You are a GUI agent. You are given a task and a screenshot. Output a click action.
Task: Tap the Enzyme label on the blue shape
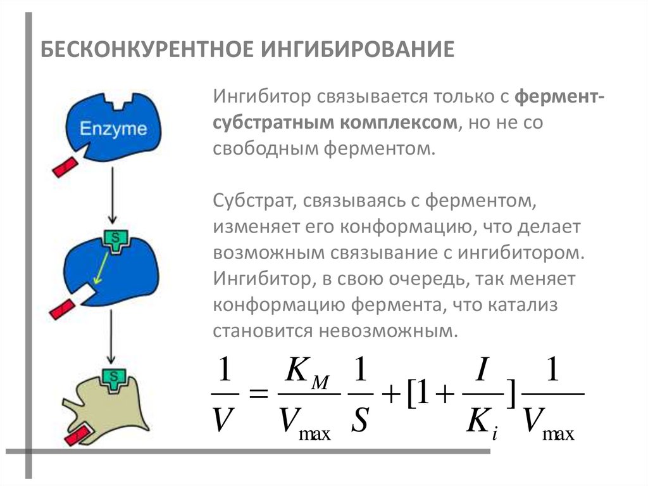click(113, 129)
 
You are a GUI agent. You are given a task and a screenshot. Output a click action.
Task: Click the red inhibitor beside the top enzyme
click(65, 167)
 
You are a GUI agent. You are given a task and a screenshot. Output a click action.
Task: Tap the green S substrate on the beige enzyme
click(115, 378)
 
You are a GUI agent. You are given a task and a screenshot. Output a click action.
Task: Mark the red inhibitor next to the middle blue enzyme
click(64, 309)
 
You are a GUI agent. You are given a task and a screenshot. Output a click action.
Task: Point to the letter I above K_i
click(480, 371)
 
